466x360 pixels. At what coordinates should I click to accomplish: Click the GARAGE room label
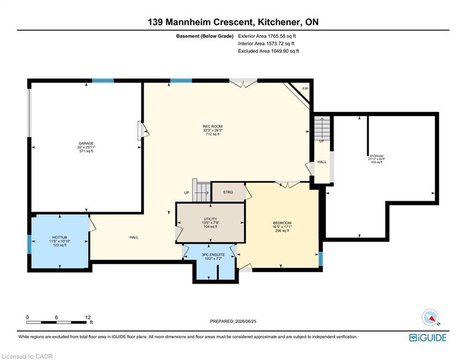(x=86, y=143)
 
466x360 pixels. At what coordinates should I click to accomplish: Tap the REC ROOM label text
(x=213, y=127)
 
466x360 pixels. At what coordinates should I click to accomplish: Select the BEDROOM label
(x=282, y=223)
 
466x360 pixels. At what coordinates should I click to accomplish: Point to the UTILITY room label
(x=210, y=219)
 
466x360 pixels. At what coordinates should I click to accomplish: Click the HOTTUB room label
(x=60, y=237)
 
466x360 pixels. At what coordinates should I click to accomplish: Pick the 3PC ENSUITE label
(x=213, y=255)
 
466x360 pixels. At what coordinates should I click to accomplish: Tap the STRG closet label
(x=228, y=192)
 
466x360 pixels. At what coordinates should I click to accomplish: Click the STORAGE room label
(x=377, y=156)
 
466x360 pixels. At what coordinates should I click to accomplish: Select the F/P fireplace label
(x=305, y=89)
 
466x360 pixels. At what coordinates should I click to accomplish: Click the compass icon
(x=430, y=317)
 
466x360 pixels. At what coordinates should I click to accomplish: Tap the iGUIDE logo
(x=428, y=337)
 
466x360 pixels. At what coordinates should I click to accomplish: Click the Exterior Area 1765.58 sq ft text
(x=267, y=36)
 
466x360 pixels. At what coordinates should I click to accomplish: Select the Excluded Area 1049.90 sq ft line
(x=269, y=51)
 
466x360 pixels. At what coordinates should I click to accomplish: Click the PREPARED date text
(x=233, y=321)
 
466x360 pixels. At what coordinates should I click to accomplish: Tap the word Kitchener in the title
(x=278, y=22)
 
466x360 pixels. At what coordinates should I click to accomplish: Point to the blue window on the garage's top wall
(x=103, y=81)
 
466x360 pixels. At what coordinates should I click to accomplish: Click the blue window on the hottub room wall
(x=30, y=244)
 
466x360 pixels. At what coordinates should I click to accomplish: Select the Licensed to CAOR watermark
(x=27, y=356)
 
